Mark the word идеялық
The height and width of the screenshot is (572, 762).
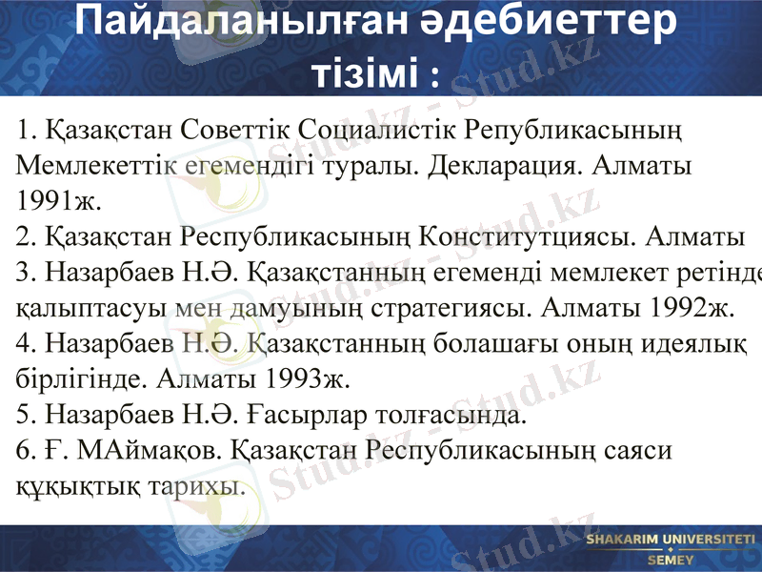point(701,344)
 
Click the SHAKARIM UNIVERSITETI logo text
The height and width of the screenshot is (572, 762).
point(670,541)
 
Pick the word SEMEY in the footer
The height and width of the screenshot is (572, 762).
point(670,560)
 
